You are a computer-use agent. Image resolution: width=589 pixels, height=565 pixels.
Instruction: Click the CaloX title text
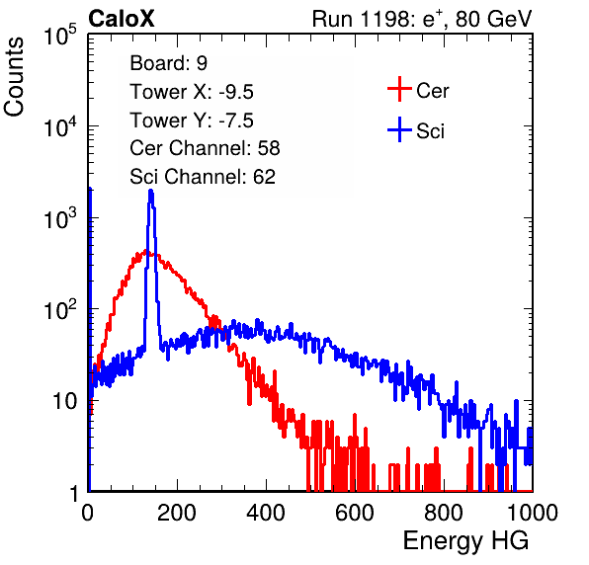click(122, 19)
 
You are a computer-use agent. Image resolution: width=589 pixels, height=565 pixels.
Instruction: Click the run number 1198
click(384, 19)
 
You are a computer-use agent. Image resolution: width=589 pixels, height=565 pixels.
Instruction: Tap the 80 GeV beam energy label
click(493, 19)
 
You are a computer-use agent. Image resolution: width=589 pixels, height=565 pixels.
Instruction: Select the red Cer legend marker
click(399, 89)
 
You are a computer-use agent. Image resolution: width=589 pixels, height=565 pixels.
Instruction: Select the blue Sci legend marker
click(399, 129)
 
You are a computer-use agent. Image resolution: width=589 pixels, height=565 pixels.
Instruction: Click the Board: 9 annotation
click(168, 63)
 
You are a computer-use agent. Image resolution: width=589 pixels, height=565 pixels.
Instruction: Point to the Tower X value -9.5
click(236, 92)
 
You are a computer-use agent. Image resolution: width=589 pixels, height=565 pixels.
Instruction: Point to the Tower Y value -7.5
click(236, 121)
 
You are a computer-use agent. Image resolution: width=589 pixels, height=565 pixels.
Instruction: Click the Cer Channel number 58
click(269, 148)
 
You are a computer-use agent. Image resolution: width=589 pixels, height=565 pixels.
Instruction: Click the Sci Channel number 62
click(264, 177)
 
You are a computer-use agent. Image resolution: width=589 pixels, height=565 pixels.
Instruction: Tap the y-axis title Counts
click(14, 77)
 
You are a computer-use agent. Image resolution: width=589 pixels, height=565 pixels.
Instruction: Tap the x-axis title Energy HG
click(465, 541)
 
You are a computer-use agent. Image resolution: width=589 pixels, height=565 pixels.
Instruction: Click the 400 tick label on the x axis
click(266, 513)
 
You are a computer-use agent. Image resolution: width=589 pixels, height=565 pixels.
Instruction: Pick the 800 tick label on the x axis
click(444, 513)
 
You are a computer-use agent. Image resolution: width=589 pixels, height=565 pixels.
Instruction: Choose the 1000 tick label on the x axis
click(533, 513)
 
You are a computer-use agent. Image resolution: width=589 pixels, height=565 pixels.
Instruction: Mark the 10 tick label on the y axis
click(64, 401)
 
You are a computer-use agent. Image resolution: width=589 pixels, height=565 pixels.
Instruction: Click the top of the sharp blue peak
click(151, 191)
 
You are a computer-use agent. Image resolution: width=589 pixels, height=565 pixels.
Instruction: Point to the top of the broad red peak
click(145, 252)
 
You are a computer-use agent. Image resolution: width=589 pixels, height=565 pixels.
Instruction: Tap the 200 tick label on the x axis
click(177, 513)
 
